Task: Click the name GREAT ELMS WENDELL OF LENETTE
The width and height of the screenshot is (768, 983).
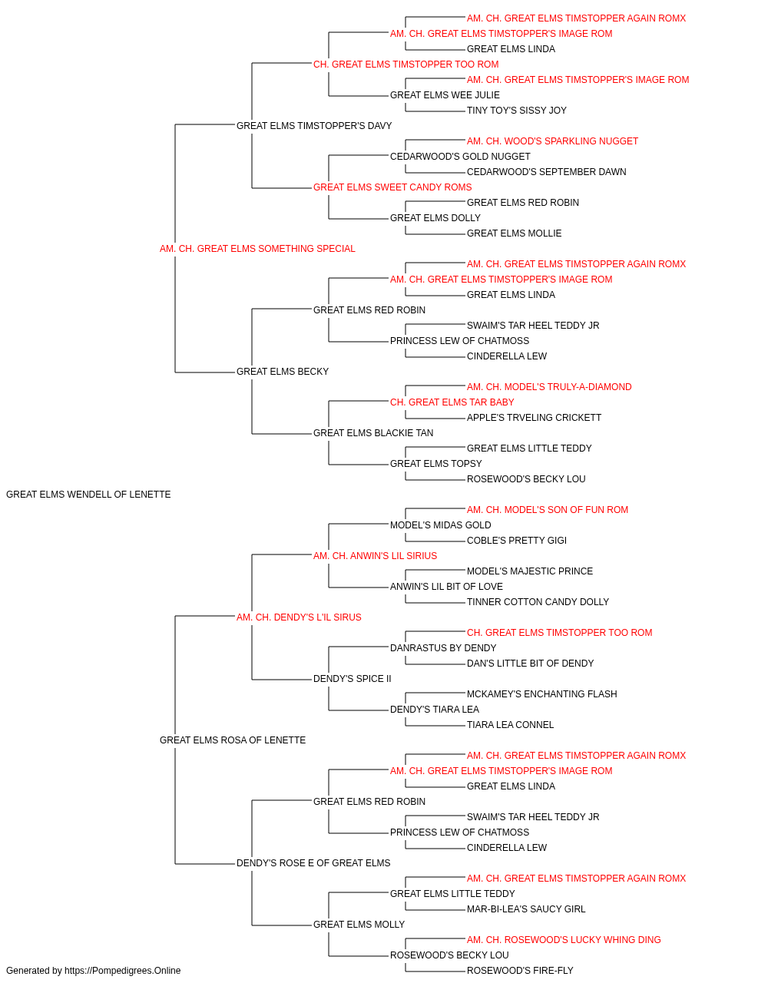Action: click(x=88, y=495)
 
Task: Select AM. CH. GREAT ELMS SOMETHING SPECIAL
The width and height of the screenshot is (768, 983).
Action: click(x=257, y=249)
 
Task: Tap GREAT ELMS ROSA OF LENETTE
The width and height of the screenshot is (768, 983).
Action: click(x=233, y=740)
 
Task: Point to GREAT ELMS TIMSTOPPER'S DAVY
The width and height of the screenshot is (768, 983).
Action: click(x=314, y=126)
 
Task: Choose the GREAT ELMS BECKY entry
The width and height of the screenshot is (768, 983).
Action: click(x=282, y=372)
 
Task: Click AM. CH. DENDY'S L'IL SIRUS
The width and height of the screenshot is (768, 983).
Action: click(x=299, y=617)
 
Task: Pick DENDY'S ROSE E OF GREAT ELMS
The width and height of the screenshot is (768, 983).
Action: click(x=313, y=863)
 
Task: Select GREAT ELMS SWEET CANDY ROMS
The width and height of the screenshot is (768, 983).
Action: click(x=392, y=187)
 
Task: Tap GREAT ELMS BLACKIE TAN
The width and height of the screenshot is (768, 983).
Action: click(x=373, y=433)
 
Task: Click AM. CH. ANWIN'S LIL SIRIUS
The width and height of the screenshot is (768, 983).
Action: click(x=375, y=556)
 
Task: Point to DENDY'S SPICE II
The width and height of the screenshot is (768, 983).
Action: click(x=352, y=679)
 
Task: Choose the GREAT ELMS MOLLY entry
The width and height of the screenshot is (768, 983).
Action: click(x=359, y=925)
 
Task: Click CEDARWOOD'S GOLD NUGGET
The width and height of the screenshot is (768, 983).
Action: click(x=460, y=157)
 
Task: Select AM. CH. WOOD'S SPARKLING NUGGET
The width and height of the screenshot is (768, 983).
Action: click(x=552, y=141)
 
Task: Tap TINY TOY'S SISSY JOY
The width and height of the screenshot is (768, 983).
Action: click(x=517, y=111)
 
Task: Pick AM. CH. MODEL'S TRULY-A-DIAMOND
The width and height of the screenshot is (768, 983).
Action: click(x=549, y=387)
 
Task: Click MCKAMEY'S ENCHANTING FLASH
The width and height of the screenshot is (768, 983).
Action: click(x=542, y=694)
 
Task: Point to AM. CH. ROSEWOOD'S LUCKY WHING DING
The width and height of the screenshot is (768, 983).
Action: click(x=564, y=940)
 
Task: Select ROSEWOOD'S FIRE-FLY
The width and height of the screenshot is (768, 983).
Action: click(x=520, y=971)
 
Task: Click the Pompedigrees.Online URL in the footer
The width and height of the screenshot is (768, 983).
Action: click(x=122, y=971)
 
